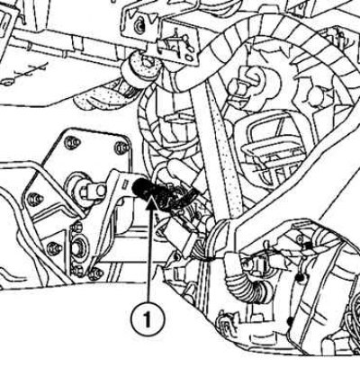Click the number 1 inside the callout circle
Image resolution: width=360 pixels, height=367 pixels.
(x=147, y=319)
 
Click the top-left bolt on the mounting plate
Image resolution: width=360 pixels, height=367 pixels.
(x=72, y=141)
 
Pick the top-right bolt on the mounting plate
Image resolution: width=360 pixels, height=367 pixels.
(x=122, y=147)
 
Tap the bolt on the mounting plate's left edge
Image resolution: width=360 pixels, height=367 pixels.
(x=35, y=200)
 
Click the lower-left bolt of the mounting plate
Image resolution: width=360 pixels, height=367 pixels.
(x=54, y=248)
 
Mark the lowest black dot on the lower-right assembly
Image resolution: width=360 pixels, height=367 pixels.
(x=290, y=321)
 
